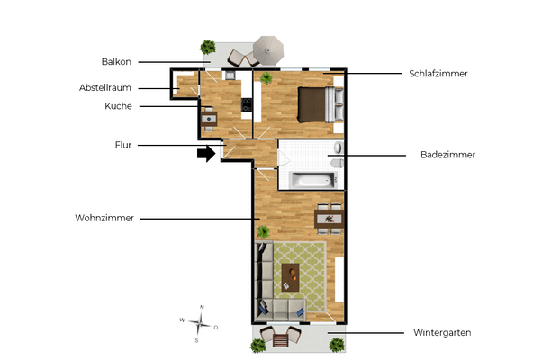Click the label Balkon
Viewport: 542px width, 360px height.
pos(116,62)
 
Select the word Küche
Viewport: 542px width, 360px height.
pos(118,106)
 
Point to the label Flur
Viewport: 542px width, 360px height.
pos(123,144)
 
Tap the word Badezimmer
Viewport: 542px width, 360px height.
pos(447,155)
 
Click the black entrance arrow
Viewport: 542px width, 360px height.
pos(207,154)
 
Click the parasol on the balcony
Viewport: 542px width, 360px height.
pos(268,48)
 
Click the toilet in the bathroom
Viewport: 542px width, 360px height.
pos(337,164)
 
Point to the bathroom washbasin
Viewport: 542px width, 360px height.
pos(339,146)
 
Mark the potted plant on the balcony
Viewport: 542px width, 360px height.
pos(208,46)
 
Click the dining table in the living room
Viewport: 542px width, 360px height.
pos(329,217)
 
